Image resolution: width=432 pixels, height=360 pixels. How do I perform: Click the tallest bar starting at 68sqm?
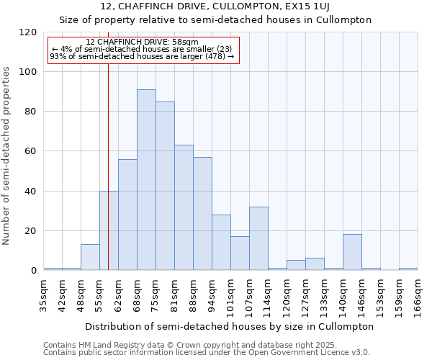146,180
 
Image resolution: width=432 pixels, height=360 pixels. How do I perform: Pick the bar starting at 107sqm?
258,238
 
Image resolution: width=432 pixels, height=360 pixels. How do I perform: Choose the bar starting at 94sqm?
221,243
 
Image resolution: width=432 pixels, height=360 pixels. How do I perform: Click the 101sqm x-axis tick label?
231,293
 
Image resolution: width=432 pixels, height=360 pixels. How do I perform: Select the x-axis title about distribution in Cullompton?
230,326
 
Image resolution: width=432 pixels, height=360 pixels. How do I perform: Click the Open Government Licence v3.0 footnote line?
207,352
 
